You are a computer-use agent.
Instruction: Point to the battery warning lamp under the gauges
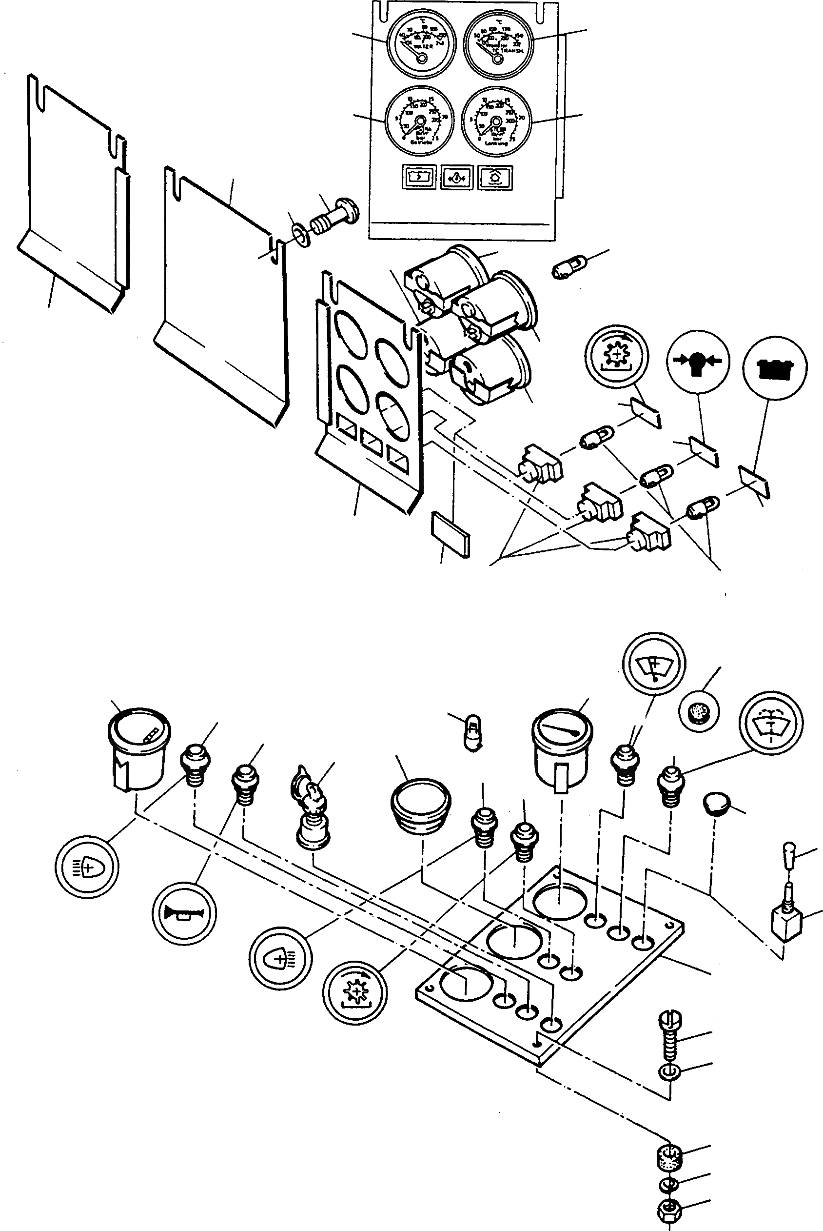coord(418,177)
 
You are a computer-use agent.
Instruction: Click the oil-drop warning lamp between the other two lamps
coord(457,178)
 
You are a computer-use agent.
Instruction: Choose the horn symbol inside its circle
coord(184,913)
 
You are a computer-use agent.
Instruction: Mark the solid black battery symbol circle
coord(775,367)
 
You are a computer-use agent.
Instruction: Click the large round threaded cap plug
coord(421,805)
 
